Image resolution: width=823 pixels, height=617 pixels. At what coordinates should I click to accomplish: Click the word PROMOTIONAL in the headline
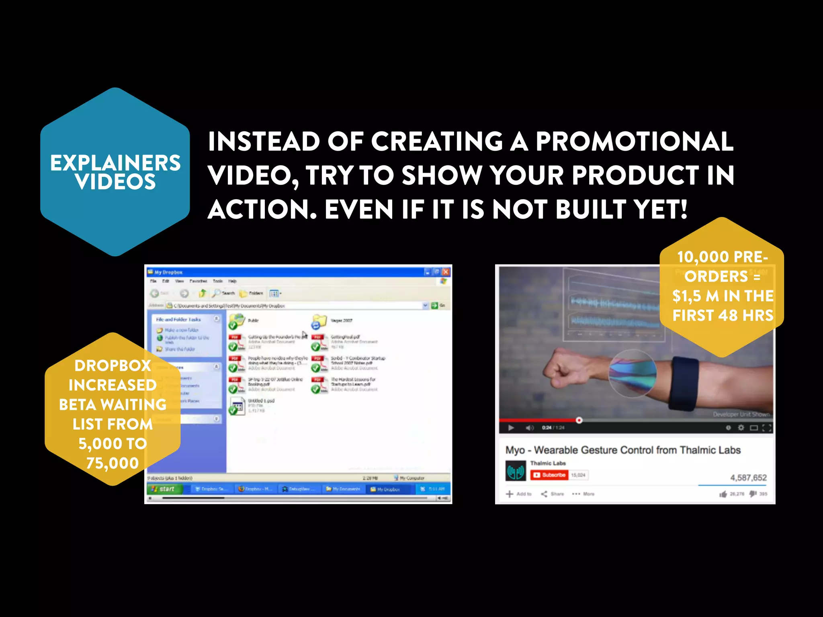(x=635, y=141)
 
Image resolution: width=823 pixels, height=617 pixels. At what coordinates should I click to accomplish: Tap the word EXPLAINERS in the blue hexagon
(x=115, y=163)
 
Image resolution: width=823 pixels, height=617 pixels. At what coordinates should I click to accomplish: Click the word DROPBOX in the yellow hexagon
(x=113, y=366)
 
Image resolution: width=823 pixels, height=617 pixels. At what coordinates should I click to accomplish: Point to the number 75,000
(x=113, y=463)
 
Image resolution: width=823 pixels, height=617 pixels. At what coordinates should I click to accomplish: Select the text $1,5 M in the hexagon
(x=695, y=296)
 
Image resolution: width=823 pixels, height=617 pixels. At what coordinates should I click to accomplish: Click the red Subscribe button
(x=549, y=475)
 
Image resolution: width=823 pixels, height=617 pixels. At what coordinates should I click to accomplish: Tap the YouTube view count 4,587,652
(x=748, y=478)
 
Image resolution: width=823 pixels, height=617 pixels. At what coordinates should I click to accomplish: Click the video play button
(x=511, y=428)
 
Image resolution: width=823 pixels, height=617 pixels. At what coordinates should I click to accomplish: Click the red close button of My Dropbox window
(x=446, y=272)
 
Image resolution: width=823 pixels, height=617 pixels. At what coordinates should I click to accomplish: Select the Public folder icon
(x=237, y=321)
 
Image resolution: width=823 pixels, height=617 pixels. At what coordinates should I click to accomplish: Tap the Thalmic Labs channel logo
(x=516, y=470)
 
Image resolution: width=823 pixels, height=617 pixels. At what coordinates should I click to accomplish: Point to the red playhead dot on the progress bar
(x=579, y=420)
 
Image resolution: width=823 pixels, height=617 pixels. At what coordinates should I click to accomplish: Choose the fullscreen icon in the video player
(x=767, y=428)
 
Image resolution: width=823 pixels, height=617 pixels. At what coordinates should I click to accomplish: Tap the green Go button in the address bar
(x=434, y=306)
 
